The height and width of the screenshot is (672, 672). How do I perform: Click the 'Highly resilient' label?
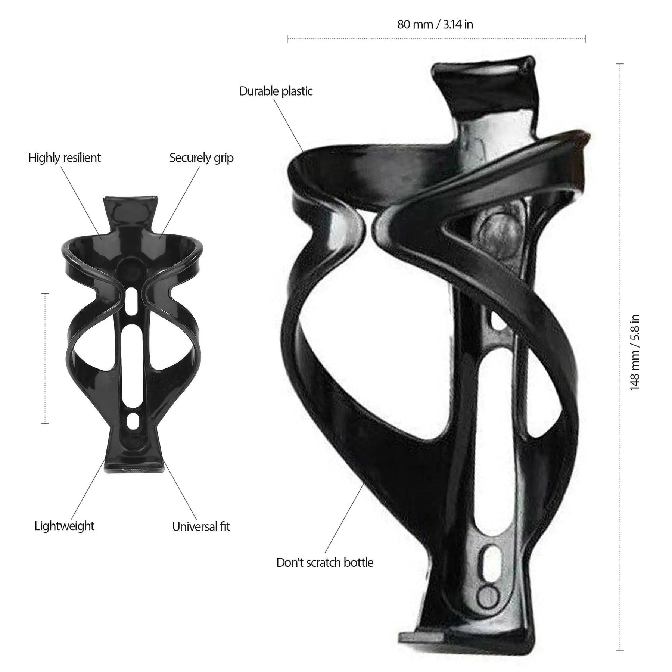[x=65, y=158]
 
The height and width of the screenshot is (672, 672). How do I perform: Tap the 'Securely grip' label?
[x=202, y=158]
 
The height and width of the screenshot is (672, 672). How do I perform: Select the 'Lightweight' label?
[x=65, y=526]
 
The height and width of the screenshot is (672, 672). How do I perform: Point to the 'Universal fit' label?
[x=201, y=526]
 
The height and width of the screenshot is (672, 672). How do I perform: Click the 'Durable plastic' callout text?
[x=276, y=91]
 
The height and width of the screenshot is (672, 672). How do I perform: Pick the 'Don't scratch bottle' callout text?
[x=325, y=563]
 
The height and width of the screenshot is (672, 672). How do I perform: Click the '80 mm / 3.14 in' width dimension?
[x=435, y=25]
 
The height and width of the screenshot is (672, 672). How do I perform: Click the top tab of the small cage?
[x=130, y=209]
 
